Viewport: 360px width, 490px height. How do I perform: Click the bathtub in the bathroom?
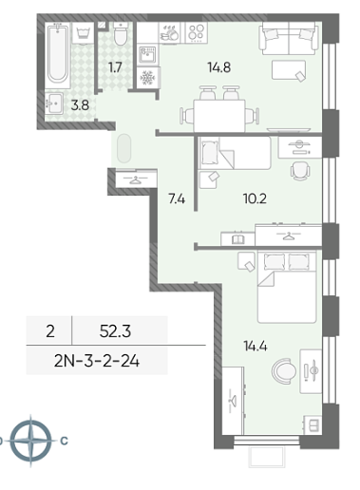pyautogui.click(x=58, y=55)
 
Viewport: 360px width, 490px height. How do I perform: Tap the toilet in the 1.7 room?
pyautogui.click(x=121, y=33)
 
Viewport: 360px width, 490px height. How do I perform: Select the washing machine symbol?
pyautogui.click(x=83, y=32)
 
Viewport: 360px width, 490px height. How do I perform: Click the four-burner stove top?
pyautogui.click(x=196, y=32)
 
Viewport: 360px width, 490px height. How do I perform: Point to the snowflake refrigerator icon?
pyautogui.click(x=147, y=78)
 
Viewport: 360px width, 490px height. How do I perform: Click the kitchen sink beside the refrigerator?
pyautogui.click(x=147, y=55)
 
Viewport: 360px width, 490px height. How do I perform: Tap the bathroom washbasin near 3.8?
pyautogui.click(x=54, y=103)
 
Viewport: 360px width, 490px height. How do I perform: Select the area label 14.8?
pyautogui.click(x=219, y=67)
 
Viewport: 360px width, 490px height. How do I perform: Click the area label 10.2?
pyautogui.click(x=255, y=198)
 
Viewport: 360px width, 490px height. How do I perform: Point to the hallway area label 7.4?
pyautogui.click(x=177, y=199)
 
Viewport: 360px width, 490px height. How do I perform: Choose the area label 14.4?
pyautogui.click(x=256, y=347)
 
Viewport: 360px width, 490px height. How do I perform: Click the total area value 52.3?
pyautogui.click(x=115, y=331)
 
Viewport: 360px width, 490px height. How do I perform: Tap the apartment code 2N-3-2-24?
pyautogui.click(x=97, y=361)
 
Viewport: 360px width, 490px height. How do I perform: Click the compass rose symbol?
pyautogui.click(x=30, y=441)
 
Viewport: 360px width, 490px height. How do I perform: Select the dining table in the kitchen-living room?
pyautogui.click(x=219, y=116)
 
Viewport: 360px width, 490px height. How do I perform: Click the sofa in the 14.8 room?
pyautogui.click(x=289, y=38)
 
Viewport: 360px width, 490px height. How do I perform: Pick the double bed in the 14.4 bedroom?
pyautogui.click(x=287, y=287)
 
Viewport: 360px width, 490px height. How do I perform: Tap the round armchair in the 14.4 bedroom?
pyautogui.click(x=284, y=371)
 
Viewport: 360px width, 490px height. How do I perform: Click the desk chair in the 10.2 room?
pyautogui.click(x=300, y=171)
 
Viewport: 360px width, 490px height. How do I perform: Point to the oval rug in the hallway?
pyautogui.click(x=123, y=148)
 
